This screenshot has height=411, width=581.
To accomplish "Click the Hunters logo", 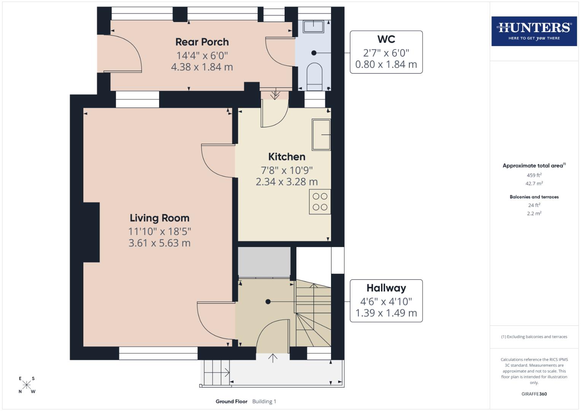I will (x=534, y=31).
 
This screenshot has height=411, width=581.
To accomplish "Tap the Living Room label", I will (x=159, y=218).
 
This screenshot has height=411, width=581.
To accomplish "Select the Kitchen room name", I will (x=287, y=157).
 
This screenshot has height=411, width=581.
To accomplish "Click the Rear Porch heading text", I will (x=202, y=42).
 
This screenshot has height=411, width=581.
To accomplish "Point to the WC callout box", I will (x=386, y=52).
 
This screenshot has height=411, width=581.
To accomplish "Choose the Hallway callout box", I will (x=386, y=301).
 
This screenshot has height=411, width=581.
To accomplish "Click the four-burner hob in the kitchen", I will (x=320, y=202).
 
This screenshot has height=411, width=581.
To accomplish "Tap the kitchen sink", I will (x=321, y=134).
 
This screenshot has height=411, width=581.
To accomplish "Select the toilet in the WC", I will (x=314, y=75).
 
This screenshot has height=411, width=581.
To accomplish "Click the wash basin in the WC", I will (x=313, y=26).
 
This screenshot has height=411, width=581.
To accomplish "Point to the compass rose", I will (x=27, y=385).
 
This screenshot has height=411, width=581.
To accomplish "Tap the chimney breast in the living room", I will (x=91, y=232).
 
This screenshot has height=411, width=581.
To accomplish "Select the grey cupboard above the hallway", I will (x=264, y=262).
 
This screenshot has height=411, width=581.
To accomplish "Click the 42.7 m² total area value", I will (x=534, y=183).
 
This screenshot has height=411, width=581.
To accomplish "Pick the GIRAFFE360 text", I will (x=534, y=394).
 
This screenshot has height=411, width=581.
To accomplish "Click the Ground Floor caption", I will (x=231, y=401).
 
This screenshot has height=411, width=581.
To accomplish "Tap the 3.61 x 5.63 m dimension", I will (x=159, y=243).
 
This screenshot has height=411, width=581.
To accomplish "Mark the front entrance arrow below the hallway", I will (x=273, y=358).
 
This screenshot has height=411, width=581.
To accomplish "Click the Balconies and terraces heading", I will (x=534, y=197).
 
